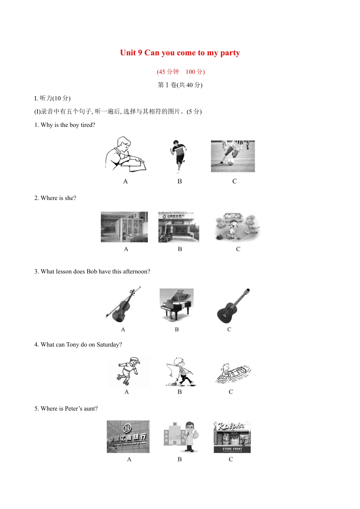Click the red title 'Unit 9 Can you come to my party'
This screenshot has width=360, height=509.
coord(180,53)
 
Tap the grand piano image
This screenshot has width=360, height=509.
coord(177,304)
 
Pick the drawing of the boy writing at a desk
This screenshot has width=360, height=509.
coord(125,155)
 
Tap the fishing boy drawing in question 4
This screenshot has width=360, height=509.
coord(180,372)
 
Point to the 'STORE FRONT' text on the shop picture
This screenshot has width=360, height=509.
coord(232,449)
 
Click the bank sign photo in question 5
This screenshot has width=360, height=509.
coord(128,436)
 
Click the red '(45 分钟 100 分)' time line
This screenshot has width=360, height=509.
coord(181,72)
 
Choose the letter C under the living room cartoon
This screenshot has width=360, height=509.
coord(238,249)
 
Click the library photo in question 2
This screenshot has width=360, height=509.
coord(124,227)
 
